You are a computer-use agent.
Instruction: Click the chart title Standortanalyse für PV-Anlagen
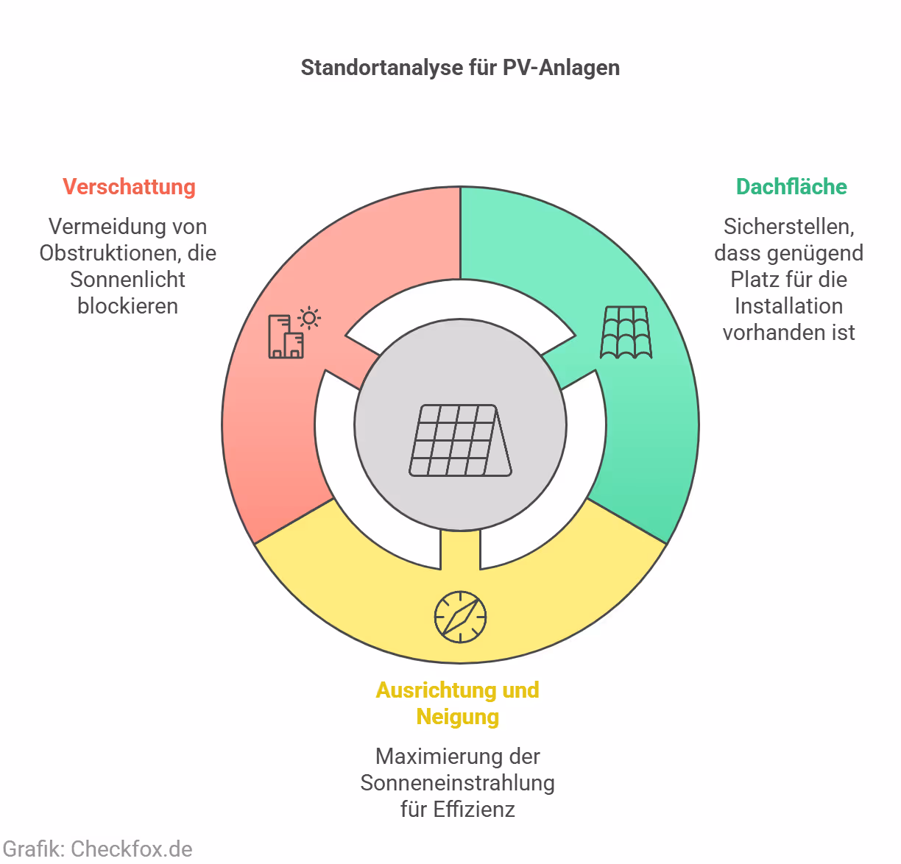click(x=460, y=68)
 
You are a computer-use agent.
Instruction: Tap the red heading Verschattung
click(x=129, y=187)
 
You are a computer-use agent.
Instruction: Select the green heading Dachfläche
click(x=791, y=187)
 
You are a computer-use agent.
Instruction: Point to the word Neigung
click(x=457, y=717)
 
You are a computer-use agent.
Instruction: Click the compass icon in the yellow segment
click(x=460, y=617)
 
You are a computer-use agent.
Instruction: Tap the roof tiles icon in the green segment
click(x=626, y=333)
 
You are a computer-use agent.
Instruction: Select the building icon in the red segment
click(x=285, y=338)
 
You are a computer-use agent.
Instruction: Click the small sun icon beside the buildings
click(x=309, y=318)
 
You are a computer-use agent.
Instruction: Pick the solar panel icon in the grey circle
click(x=460, y=440)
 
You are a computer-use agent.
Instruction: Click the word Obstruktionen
click(x=110, y=253)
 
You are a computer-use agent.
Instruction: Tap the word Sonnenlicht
click(x=127, y=280)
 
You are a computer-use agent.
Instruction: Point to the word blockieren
click(x=127, y=306)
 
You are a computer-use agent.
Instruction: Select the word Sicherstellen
click(x=788, y=227)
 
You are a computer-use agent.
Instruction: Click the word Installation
click(x=788, y=306)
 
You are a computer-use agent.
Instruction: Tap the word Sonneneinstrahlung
click(x=457, y=783)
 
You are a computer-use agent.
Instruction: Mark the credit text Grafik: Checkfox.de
click(x=98, y=849)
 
